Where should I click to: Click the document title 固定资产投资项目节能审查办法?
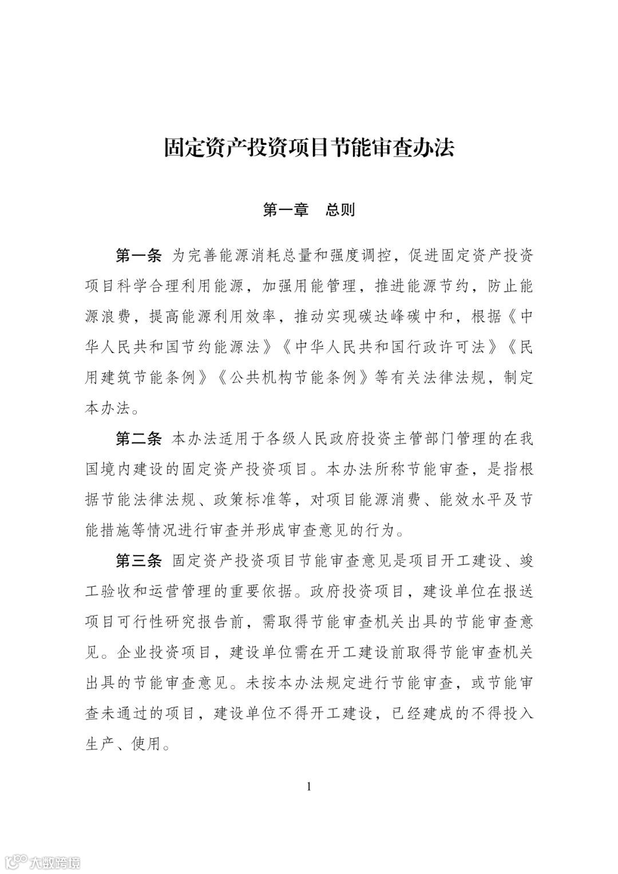coord(309,148)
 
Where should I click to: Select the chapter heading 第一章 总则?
coord(309,210)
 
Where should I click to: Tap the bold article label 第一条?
coord(139,255)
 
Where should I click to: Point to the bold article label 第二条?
coord(139,439)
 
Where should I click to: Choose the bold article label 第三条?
coord(139,561)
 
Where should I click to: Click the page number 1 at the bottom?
coord(309,786)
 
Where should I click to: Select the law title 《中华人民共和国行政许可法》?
coord(389,347)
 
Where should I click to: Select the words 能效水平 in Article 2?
coord(468,500)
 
